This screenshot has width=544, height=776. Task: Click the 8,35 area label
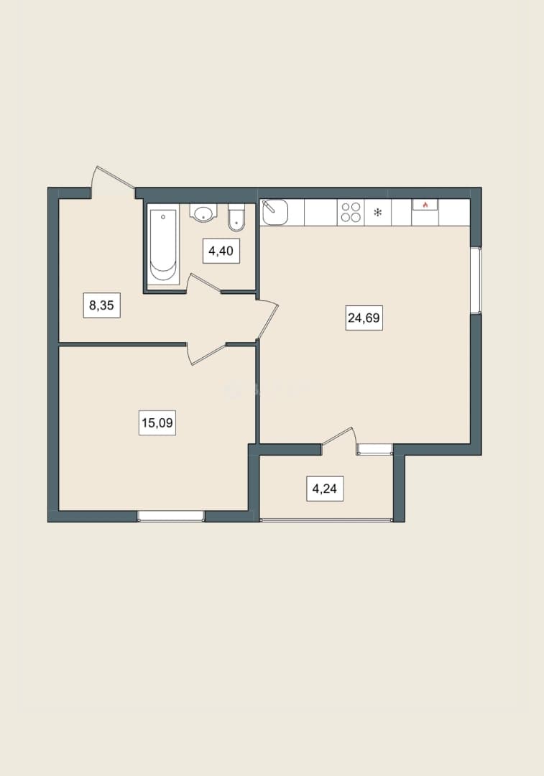101,305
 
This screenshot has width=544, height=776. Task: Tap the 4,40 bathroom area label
221,251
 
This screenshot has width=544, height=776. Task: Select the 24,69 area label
364,318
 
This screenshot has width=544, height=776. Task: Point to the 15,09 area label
157,423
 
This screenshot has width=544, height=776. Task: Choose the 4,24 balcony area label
325,489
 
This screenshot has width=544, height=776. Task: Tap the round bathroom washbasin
203,213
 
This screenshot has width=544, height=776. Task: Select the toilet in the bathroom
236,218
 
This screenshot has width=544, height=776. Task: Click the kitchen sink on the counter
275,212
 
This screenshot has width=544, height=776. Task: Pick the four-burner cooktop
351,212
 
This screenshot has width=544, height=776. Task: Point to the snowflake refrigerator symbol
378,213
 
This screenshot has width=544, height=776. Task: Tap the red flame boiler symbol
425,204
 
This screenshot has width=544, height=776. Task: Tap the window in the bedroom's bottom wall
171,516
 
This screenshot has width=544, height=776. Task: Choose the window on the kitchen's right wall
476,280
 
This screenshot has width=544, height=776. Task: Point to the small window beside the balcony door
374,449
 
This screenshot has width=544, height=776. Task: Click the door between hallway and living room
267,320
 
